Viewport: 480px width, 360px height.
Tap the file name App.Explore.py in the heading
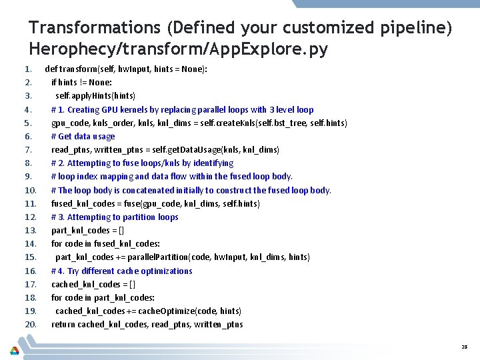[x=268, y=49]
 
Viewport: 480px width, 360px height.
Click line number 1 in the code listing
[x=28, y=69]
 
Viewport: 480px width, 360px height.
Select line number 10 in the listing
[x=30, y=190]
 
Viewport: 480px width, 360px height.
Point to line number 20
[x=30, y=325]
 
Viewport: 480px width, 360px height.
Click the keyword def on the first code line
[x=51, y=69]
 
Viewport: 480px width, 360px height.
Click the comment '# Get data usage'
[x=83, y=136]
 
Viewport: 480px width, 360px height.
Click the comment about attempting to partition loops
[x=115, y=217]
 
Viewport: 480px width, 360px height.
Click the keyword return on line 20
[x=63, y=325]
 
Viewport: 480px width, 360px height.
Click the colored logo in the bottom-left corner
[x=14, y=350]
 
